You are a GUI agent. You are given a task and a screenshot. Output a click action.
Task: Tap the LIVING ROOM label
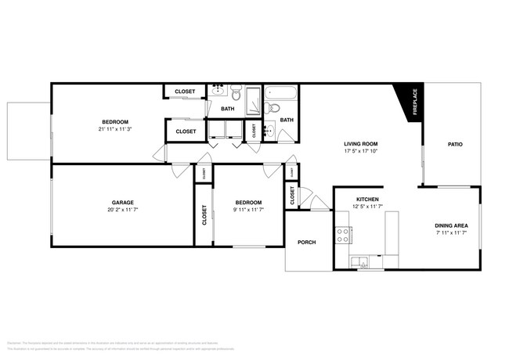[360, 144]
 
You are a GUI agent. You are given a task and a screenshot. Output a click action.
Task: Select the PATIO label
[454, 144]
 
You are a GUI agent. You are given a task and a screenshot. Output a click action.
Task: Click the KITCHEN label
[368, 200]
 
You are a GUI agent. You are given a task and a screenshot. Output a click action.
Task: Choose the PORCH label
[307, 243]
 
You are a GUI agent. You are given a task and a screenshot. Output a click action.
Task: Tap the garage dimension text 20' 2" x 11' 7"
[121, 210]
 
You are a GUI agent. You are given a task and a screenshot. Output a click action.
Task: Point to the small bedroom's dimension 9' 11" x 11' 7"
[249, 210]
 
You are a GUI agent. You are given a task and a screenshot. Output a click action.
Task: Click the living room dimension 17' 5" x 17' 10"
[360, 152]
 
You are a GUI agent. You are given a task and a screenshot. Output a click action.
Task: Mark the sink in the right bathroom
[269, 130]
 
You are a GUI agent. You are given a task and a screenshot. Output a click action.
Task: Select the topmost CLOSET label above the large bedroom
[185, 92]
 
